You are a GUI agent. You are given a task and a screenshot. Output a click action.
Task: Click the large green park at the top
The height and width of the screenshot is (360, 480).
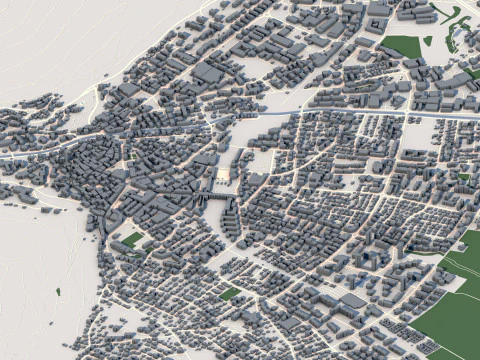coord(401,45)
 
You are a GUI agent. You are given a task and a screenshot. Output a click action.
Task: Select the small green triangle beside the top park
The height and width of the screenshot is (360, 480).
coord(428,41)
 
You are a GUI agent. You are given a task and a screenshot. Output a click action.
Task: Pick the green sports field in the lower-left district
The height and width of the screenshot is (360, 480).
coord(132,239)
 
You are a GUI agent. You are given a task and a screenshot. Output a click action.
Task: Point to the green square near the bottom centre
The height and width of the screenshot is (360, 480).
coord(230,294)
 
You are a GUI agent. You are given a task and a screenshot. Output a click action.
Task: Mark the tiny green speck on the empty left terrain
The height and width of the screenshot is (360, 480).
coord(58,291)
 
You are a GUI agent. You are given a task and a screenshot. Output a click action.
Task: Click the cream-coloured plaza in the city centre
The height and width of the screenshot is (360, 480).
coord(223,175)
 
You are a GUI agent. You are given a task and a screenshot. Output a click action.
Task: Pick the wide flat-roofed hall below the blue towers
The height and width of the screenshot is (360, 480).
coord(352,299)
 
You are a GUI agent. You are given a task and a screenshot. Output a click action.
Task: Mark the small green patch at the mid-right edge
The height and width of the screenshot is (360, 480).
coord(463,177)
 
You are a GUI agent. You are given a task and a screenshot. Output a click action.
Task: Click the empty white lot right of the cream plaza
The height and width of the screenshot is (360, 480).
coord(262,160)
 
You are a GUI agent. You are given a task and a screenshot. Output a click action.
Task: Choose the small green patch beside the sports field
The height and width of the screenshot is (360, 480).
coord(140,251)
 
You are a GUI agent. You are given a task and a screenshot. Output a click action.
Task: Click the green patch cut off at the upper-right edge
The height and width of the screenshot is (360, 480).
coord(473,73)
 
